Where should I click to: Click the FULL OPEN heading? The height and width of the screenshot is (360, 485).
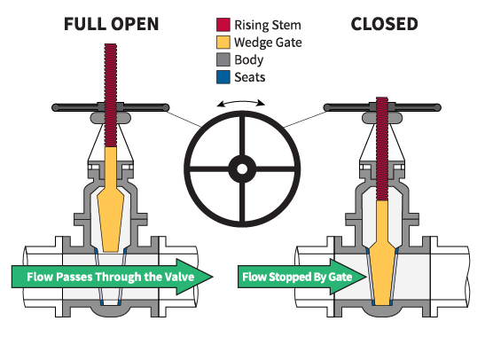tap(112, 24)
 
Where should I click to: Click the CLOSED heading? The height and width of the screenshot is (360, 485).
tap(385, 24)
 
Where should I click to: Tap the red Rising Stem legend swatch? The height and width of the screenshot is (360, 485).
tap(223, 25)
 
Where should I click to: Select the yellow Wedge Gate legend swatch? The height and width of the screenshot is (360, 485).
tap(223, 43)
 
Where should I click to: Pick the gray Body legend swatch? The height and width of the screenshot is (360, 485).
tap(223, 59)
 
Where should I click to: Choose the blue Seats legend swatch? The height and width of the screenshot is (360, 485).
tap(223, 77)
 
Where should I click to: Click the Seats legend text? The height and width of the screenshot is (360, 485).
tap(250, 77)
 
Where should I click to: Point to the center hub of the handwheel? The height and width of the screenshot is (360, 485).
tap(242, 168)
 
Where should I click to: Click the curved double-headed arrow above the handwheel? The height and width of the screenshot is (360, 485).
tap(241, 101)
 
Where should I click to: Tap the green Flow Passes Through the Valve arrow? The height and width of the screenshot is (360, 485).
tap(113, 277)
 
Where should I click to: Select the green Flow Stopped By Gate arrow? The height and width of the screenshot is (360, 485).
tap(301, 277)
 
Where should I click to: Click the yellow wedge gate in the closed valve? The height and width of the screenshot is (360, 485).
tap(382, 254)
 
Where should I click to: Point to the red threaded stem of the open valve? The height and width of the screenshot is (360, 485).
tap(111, 95)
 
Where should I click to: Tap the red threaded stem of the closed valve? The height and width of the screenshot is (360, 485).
tap(382, 149)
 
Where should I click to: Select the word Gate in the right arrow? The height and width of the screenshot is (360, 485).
tap(340, 277)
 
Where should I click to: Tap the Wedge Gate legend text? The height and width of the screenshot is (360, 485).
tap(268, 43)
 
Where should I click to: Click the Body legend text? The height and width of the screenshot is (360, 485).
tap(249, 60)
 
